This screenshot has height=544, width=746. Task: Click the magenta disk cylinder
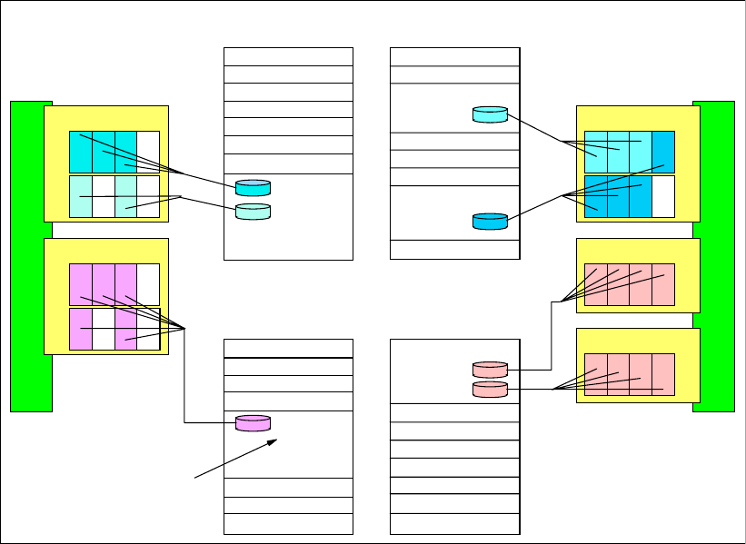(x=253, y=423)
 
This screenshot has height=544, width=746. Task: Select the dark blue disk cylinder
(x=490, y=221)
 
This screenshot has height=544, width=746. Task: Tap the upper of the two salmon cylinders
(x=490, y=370)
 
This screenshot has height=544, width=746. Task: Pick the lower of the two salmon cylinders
(x=490, y=390)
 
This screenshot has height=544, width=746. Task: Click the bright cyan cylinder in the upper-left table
(x=253, y=188)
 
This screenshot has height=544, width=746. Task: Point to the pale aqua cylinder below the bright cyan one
(x=253, y=212)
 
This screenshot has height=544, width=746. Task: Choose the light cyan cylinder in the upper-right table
(x=490, y=114)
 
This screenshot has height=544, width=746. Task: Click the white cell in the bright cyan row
(x=148, y=152)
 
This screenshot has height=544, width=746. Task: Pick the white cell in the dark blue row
(x=663, y=196)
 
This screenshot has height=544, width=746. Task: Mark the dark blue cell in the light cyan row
(x=663, y=152)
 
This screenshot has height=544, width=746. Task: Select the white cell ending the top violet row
(x=148, y=285)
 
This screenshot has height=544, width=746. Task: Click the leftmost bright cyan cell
(x=80, y=152)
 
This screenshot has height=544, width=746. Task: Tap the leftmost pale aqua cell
(x=80, y=196)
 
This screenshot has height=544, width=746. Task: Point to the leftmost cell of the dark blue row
(x=595, y=196)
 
